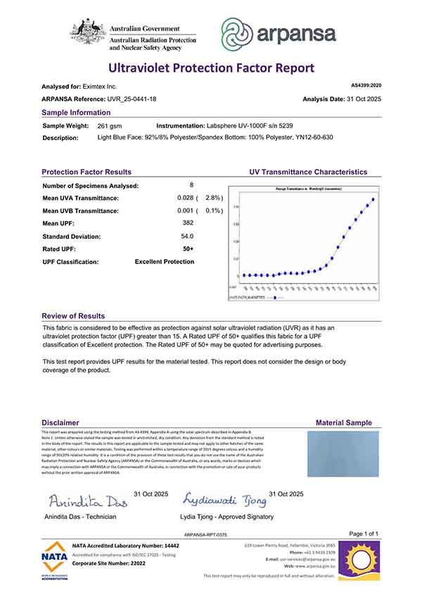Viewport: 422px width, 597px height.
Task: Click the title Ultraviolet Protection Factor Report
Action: pyautogui.click(x=210, y=68)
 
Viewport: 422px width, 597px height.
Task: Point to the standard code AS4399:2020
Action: pyautogui.click(x=366, y=85)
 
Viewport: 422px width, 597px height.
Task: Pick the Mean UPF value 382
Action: pyautogui.click(x=187, y=223)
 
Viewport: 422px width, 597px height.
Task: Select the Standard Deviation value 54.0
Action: pyautogui.click(x=187, y=236)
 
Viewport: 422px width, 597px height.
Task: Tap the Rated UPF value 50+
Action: pyautogui.click(x=188, y=249)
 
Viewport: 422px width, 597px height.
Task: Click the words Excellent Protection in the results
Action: pyautogui.click(x=165, y=262)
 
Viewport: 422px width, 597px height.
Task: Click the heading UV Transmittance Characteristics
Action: pyautogui.click(x=308, y=172)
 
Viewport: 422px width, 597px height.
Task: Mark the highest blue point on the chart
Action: pyautogui.click(x=373, y=199)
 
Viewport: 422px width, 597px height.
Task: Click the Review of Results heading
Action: pyautogui.click(x=73, y=316)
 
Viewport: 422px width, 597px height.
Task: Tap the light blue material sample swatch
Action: pyautogui.click(x=343, y=453)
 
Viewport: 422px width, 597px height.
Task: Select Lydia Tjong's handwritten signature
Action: pyautogui.click(x=224, y=500)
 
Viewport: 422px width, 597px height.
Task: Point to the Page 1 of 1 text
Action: pyautogui.click(x=364, y=534)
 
